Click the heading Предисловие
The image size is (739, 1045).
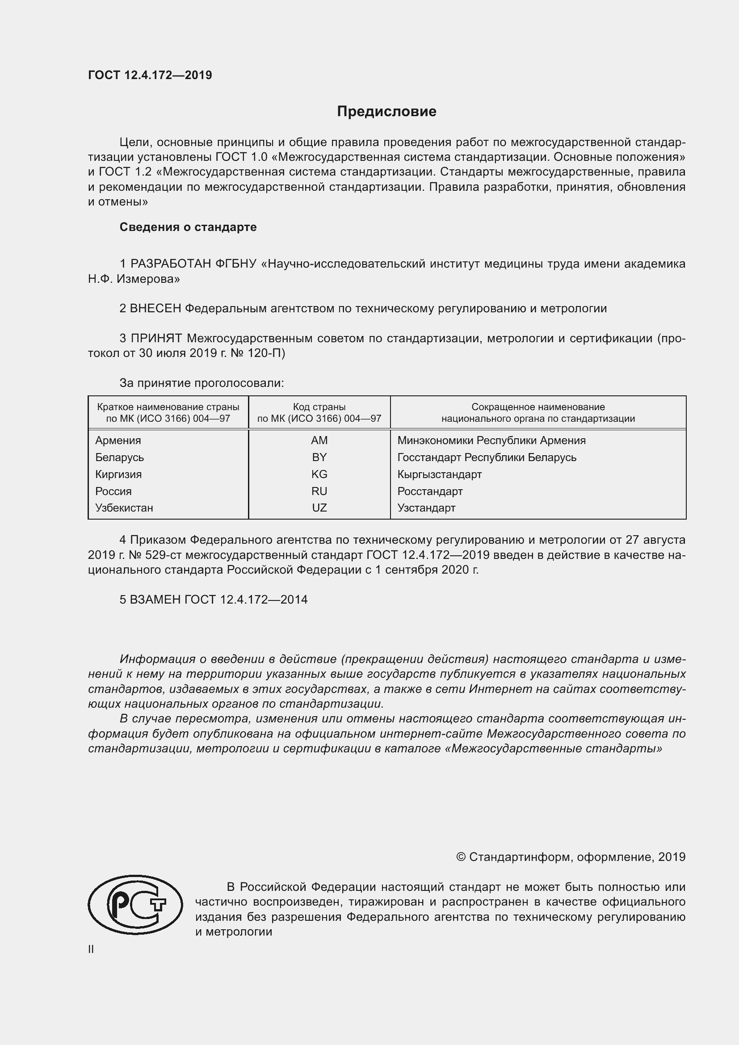tap(386, 112)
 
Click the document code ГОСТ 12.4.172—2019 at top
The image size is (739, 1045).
tap(150, 75)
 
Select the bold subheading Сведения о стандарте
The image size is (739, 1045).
tap(188, 227)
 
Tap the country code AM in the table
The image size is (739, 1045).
tap(319, 440)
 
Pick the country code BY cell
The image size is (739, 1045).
tap(319, 457)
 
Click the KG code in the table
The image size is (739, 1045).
tap(319, 474)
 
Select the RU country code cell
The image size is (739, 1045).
tap(319, 491)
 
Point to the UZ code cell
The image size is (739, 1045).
tap(319, 508)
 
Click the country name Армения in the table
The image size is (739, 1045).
tap(118, 440)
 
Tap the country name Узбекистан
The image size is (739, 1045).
tap(124, 508)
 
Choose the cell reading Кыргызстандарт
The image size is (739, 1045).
tap(439, 474)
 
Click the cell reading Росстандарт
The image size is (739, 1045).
tap(429, 491)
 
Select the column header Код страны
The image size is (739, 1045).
tap(319, 407)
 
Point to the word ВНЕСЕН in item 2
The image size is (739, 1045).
tap(155, 309)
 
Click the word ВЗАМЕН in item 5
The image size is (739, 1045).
tap(155, 600)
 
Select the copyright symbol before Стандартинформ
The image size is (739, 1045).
tap(461, 857)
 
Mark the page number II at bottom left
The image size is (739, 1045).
tap(91, 949)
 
